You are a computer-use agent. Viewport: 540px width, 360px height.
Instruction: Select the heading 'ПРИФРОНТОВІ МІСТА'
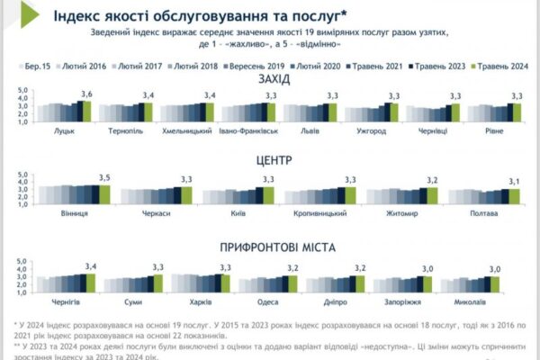pyautogui.click(x=272, y=246)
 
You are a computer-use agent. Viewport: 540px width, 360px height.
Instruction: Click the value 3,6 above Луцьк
pyautogui.click(x=87, y=94)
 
